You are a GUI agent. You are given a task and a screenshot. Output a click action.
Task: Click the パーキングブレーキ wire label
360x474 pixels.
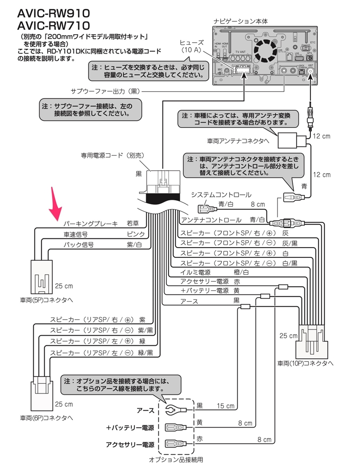pyautogui.click(x=91, y=223)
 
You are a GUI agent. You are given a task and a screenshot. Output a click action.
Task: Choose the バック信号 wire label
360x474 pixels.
pyautogui.click(x=78, y=245)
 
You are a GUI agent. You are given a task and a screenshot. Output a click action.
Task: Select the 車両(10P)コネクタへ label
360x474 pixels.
pyautogui.click(x=305, y=362)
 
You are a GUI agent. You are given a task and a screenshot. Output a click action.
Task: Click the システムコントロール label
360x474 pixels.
pyautogui.click(x=221, y=194)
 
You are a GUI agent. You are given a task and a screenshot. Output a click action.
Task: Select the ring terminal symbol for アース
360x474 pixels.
pyautogui.click(x=173, y=410)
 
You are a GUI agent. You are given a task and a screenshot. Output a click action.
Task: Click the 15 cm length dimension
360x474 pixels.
pyautogui.click(x=226, y=406)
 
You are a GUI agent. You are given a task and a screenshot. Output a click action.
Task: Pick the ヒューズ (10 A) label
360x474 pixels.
pyautogui.click(x=192, y=46)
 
